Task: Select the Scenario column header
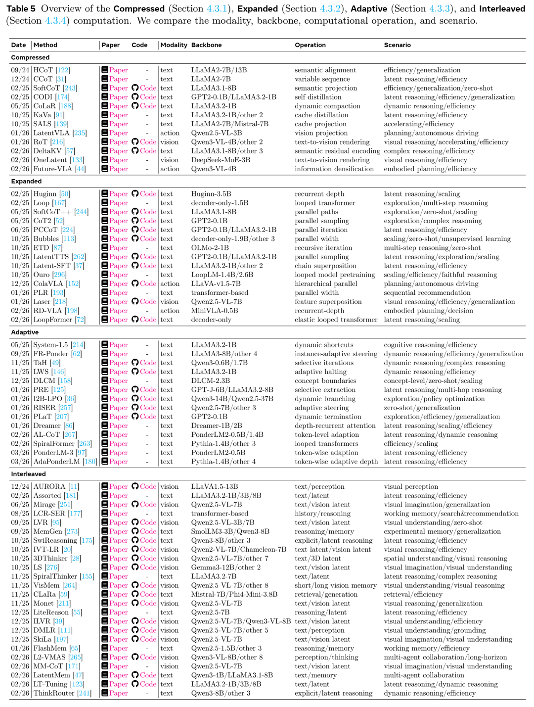pyautogui.click(x=397, y=45)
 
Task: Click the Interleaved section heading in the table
pyautogui.click(x=28, y=474)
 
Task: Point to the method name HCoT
pyautogui.click(x=43, y=70)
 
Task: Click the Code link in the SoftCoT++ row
pyautogui.click(x=144, y=212)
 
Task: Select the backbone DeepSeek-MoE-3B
pyautogui.click(x=221, y=160)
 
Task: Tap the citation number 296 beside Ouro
pyautogui.click(x=59, y=275)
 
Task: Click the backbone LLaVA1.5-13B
pyautogui.click(x=214, y=487)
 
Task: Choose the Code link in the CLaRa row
pyautogui.click(x=144, y=594)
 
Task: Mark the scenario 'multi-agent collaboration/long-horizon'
pyautogui.click(x=445, y=657)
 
